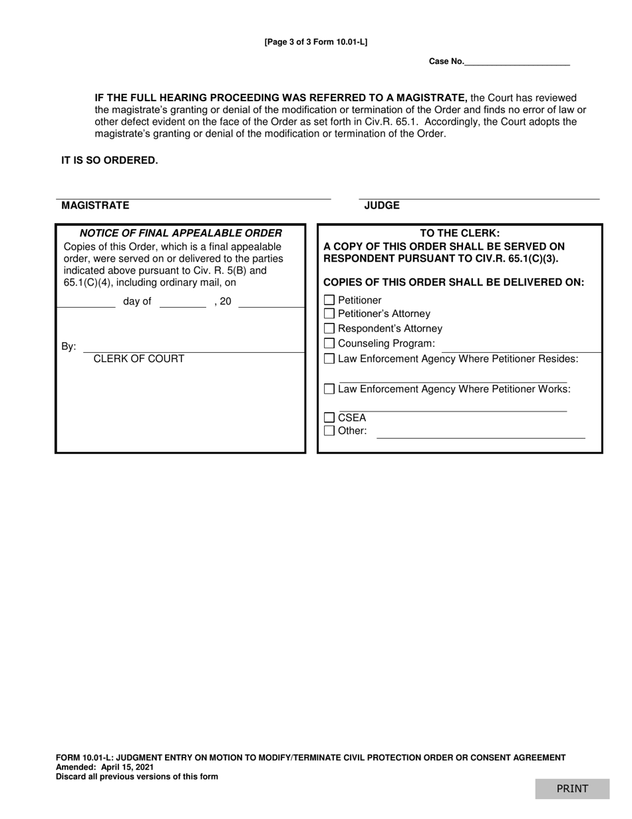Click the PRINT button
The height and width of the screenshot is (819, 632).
click(x=572, y=788)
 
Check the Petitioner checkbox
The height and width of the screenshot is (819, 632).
click(x=329, y=300)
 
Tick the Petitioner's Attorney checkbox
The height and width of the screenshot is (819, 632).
click(x=329, y=314)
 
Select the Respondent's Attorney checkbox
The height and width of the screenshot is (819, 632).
click(x=329, y=328)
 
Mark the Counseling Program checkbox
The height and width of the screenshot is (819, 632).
click(x=329, y=344)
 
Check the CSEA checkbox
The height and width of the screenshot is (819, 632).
click(x=329, y=417)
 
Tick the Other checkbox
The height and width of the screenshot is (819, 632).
click(x=329, y=431)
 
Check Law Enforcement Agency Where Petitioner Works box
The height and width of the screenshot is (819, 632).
click(x=329, y=389)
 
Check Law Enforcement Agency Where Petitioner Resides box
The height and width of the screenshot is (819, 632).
click(x=329, y=359)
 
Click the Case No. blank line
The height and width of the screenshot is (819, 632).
click(x=517, y=61)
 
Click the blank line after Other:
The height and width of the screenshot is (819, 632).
click(x=480, y=433)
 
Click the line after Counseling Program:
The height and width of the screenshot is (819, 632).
click(x=521, y=347)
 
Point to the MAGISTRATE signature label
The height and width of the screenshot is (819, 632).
click(x=95, y=205)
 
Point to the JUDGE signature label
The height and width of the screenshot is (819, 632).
click(x=382, y=205)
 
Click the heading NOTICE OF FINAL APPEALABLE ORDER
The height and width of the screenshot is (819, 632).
click(x=180, y=233)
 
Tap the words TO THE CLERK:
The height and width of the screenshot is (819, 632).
click(x=459, y=233)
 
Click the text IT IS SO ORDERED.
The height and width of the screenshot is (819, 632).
click(x=110, y=160)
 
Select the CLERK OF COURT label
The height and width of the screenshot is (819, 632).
click(x=138, y=358)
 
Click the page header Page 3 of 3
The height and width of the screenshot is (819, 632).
click(x=315, y=42)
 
